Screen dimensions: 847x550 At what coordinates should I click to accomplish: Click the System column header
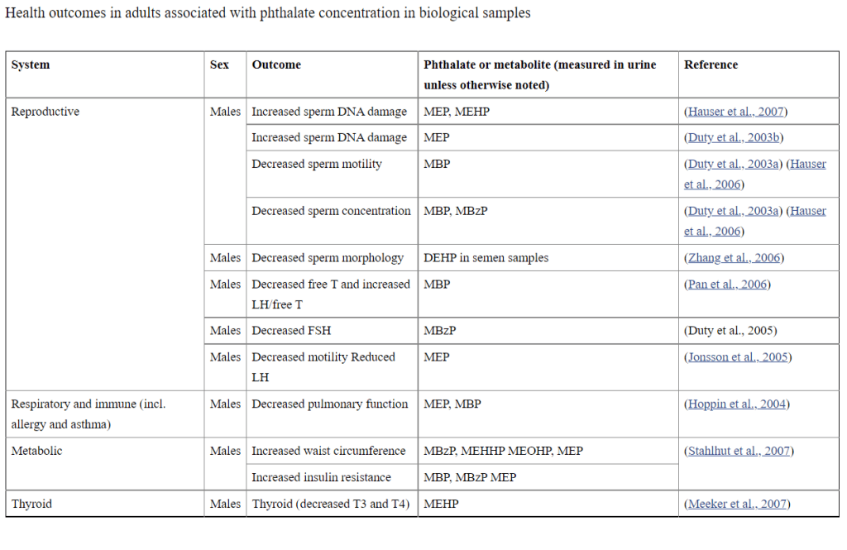(x=31, y=65)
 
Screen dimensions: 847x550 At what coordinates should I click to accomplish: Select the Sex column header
(x=219, y=65)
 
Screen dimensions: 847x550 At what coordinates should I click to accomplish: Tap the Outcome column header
(x=276, y=65)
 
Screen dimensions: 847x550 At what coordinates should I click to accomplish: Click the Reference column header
(x=711, y=65)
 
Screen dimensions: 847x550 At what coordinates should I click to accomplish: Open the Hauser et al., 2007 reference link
(x=735, y=112)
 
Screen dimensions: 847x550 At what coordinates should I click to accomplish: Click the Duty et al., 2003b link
(x=734, y=138)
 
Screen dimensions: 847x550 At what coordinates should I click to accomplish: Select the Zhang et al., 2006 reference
(x=735, y=258)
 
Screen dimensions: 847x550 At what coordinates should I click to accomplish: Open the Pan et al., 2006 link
(x=727, y=285)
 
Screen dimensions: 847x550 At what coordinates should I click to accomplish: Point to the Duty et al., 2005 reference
(x=730, y=331)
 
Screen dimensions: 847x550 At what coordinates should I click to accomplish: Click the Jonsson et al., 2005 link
(x=738, y=357)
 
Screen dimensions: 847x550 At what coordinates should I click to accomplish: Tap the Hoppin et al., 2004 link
(x=737, y=404)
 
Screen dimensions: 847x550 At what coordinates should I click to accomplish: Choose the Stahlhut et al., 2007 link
(x=739, y=451)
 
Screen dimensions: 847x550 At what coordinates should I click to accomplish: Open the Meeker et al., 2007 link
(x=737, y=504)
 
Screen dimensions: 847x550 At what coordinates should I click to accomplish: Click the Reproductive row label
(x=45, y=112)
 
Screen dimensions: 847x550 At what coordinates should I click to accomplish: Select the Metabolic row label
(x=36, y=451)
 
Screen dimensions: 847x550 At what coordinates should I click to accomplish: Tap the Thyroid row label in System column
(x=31, y=504)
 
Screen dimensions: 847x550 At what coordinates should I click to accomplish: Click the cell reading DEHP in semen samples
(x=486, y=258)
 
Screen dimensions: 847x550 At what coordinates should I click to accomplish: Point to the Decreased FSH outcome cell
(x=291, y=331)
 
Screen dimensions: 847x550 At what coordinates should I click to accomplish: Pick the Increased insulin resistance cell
(x=322, y=477)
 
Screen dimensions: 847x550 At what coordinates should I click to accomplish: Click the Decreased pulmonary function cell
(x=330, y=404)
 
